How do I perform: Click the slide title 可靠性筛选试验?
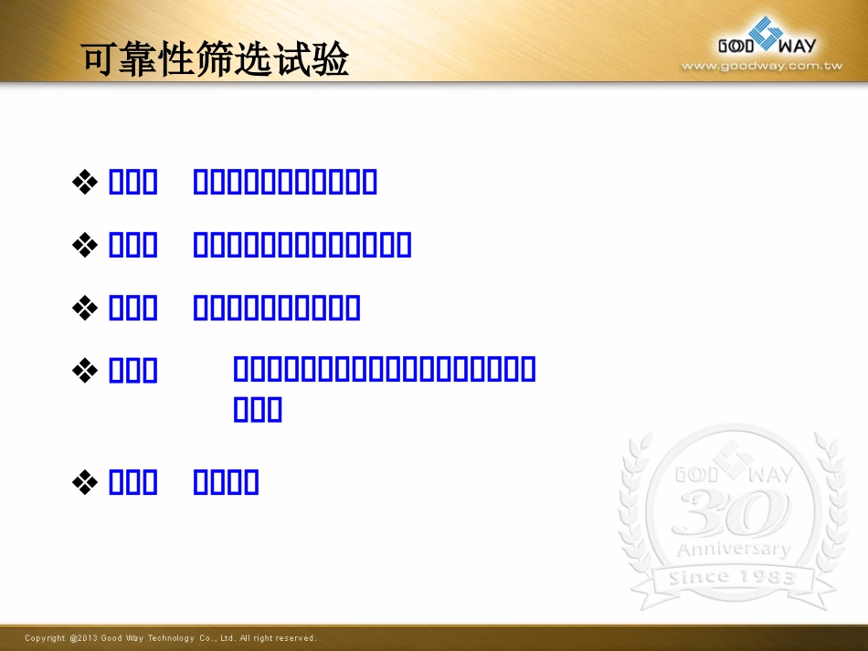(216, 60)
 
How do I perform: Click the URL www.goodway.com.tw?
(761, 66)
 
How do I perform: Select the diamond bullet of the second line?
(85, 245)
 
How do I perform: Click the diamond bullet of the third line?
(85, 308)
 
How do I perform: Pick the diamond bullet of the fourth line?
(85, 370)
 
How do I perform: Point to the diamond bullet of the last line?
(85, 481)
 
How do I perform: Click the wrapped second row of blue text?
(258, 410)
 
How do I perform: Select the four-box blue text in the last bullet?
(227, 481)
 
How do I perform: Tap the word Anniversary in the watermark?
(733, 550)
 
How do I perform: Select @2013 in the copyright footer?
(83, 638)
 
